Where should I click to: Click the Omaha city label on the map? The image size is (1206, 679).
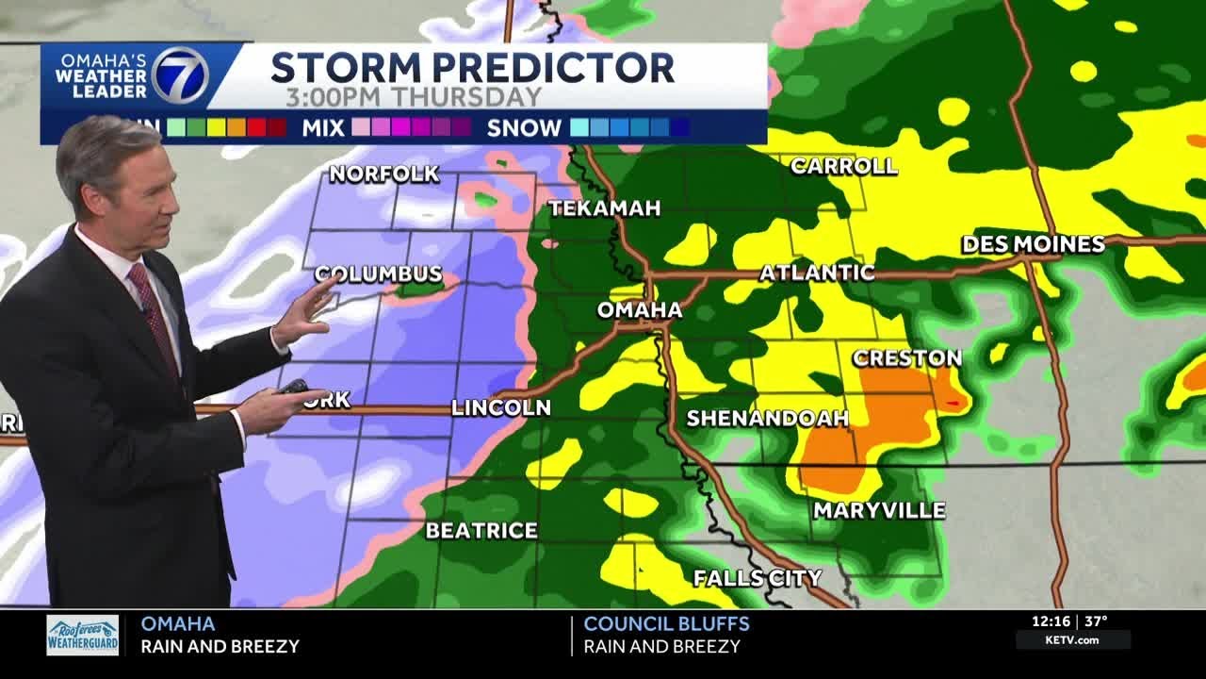tap(640, 310)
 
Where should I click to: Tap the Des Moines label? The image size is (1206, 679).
tap(1033, 244)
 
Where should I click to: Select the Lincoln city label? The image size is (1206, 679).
tap(500, 407)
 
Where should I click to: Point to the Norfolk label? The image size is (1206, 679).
tap(383, 174)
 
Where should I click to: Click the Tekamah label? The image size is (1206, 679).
tap(605, 208)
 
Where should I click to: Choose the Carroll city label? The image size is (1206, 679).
tap(843, 167)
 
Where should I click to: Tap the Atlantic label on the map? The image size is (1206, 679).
tap(817, 273)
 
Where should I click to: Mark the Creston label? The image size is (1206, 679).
tap(906, 358)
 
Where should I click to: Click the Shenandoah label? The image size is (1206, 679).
tap(767, 418)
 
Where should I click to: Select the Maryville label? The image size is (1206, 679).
tap(879, 510)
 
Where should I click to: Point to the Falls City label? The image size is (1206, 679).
tap(758, 577)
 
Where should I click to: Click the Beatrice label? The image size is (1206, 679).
tap(481, 530)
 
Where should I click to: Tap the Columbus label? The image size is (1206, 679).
tap(379, 273)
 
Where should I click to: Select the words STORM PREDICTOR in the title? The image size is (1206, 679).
tap(472, 68)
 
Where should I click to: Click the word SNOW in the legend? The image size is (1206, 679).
tap(524, 128)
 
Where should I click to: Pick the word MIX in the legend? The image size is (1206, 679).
tap(323, 128)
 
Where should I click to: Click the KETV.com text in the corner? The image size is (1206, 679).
tap(1072, 640)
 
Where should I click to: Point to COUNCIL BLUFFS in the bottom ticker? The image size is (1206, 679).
tap(666, 623)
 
